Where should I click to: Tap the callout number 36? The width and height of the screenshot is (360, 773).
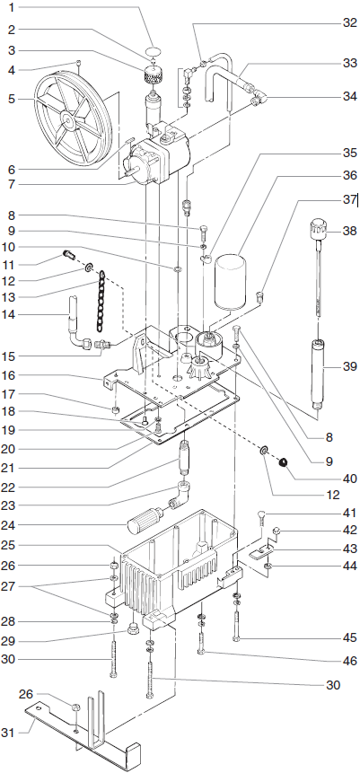pyautogui.click(x=349, y=176)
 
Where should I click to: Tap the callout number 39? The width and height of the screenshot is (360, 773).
pyautogui.click(x=349, y=366)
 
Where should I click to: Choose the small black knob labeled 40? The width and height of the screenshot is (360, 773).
pyautogui.click(x=282, y=462)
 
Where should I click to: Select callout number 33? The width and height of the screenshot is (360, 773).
pyautogui.click(x=349, y=64)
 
